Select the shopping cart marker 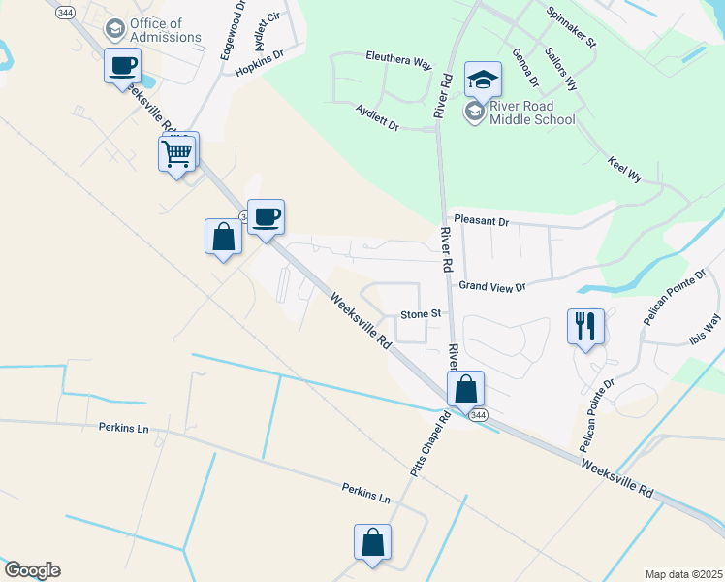coord(177,153)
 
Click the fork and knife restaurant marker coord(584,326)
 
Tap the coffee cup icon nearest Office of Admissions coord(122,67)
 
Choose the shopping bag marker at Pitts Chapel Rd coord(465,389)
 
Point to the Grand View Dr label coord(491,286)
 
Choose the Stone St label coord(421,314)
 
